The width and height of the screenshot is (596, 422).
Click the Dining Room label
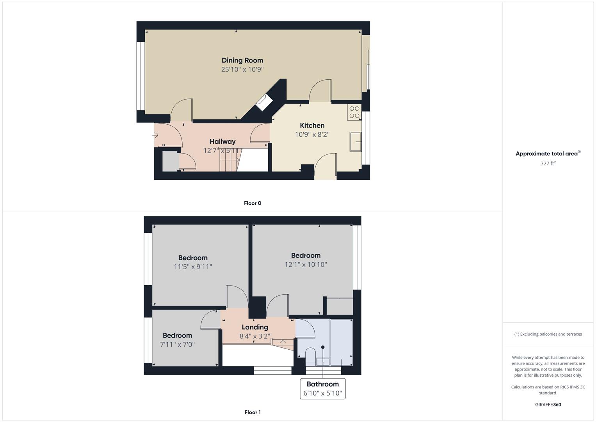[x=242, y=61]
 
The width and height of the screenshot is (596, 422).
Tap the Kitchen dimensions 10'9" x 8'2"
[x=312, y=134]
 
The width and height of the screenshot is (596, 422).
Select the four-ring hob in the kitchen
[x=354, y=112]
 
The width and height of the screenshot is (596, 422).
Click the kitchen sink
[x=355, y=142]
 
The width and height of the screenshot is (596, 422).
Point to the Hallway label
[x=222, y=141]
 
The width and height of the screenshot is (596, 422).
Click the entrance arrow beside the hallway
[x=155, y=135]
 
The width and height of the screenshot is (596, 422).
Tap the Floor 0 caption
[x=253, y=203]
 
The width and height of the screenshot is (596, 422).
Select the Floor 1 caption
[x=253, y=412]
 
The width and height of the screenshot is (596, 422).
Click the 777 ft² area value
[x=548, y=163]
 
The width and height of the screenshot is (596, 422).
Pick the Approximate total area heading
[x=548, y=154]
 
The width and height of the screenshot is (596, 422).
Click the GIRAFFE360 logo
[x=548, y=405]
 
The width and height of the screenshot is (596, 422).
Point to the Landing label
[x=254, y=327]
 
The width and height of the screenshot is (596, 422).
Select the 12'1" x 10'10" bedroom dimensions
[x=306, y=265]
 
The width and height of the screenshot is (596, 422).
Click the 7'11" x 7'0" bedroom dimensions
[x=177, y=345]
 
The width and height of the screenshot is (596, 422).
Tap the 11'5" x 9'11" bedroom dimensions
[x=193, y=266]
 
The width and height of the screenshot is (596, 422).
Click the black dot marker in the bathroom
[x=323, y=347]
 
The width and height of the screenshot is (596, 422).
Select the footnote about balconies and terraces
[x=548, y=334]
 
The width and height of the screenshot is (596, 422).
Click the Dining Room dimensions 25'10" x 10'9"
[x=242, y=70]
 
